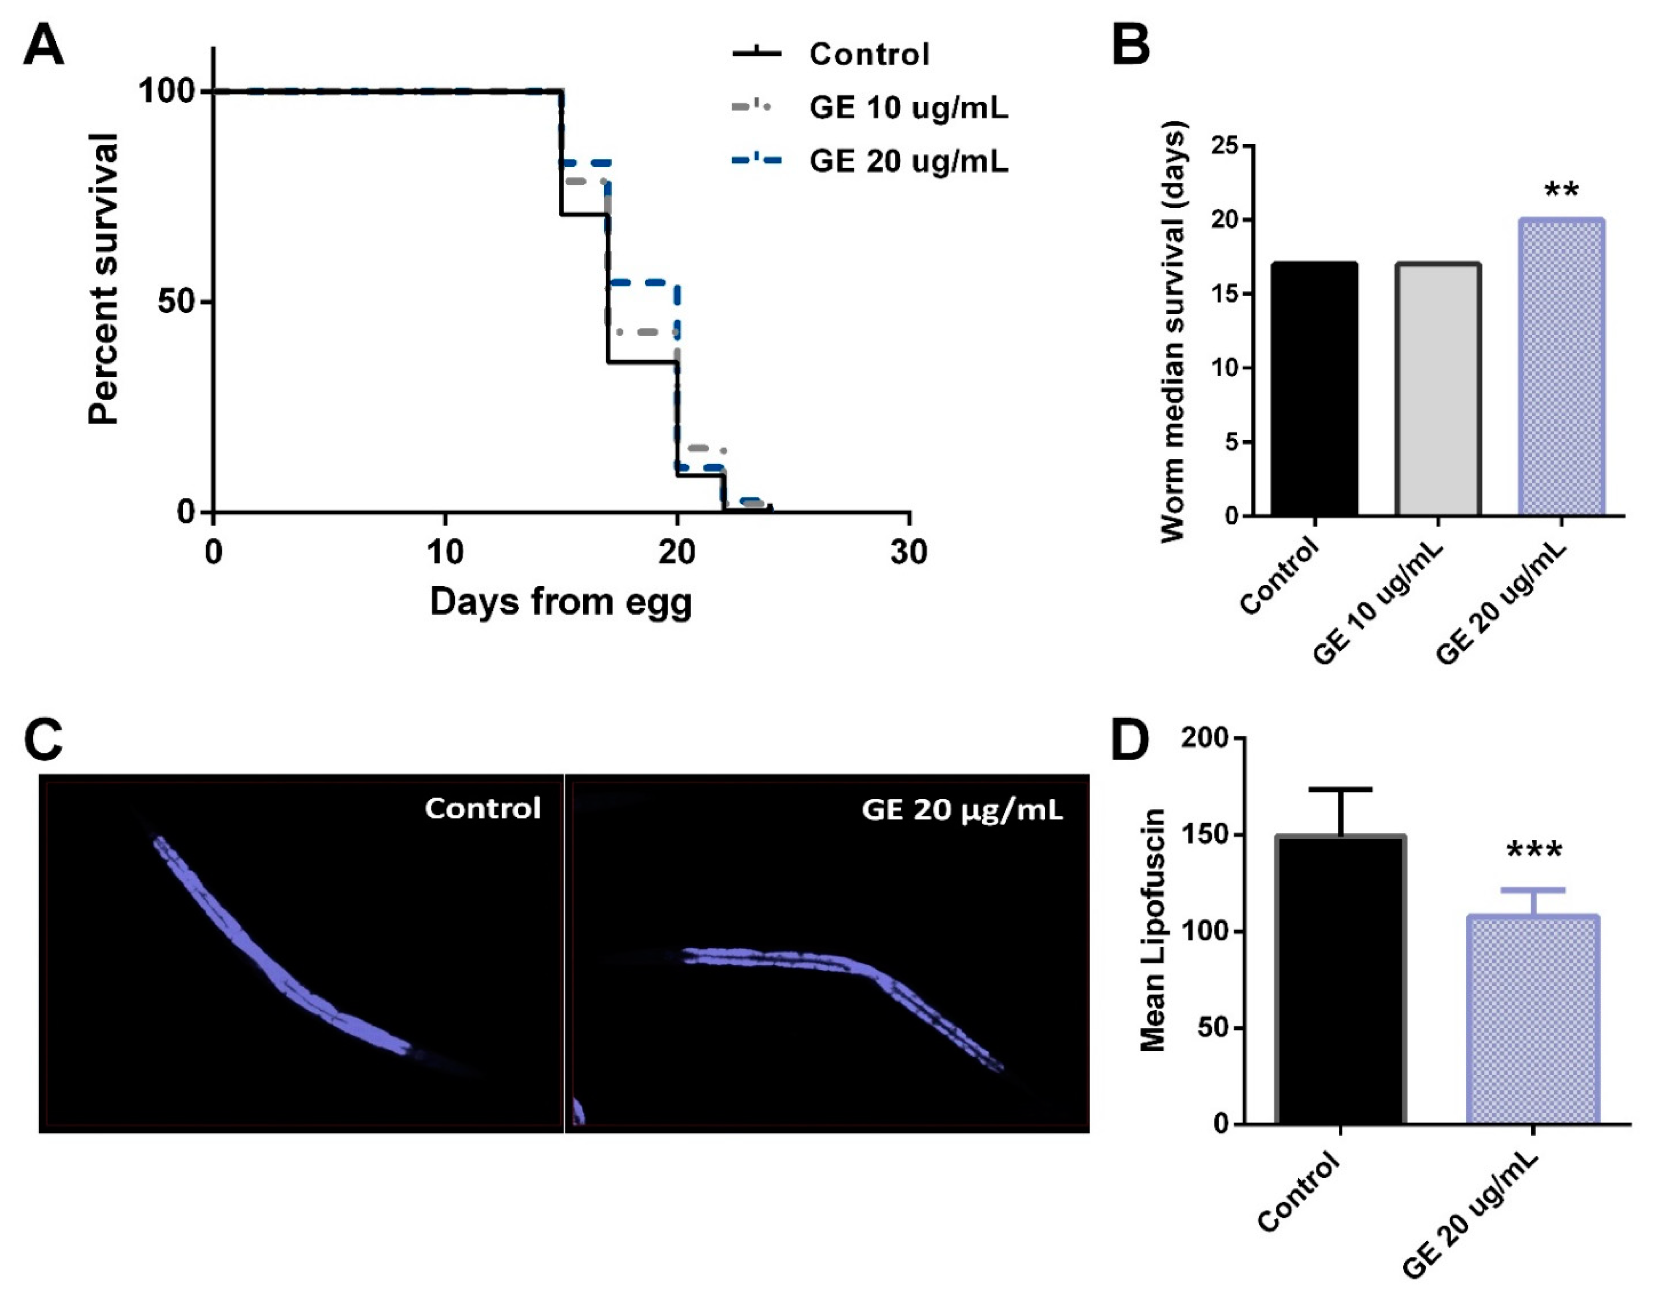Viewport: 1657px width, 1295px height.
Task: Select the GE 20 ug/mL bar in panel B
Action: [x=1561, y=368]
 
